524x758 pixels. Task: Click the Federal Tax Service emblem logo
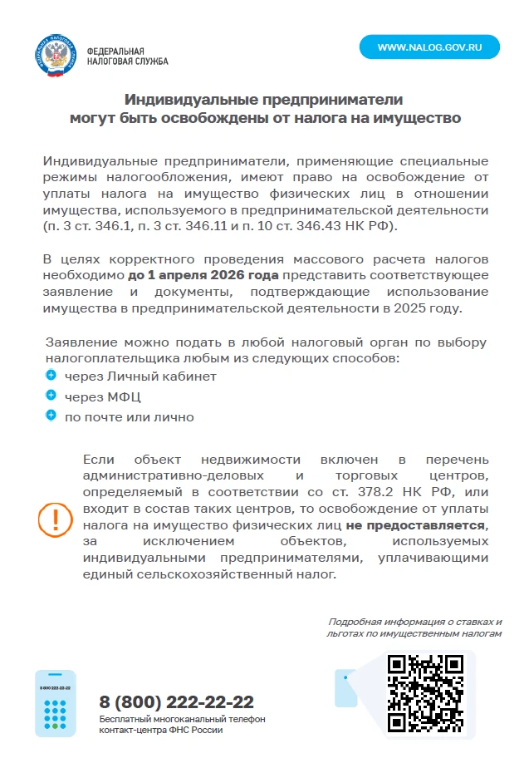(x=56, y=56)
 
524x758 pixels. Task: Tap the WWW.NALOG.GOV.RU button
(x=429, y=47)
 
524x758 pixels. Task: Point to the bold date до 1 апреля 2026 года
(x=204, y=275)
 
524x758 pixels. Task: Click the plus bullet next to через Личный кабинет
(x=51, y=376)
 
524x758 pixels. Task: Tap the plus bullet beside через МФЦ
(x=51, y=396)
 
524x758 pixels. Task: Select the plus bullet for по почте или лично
(x=51, y=416)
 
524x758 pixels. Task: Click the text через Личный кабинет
(x=140, y=377)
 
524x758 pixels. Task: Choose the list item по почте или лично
(x=129, y=416)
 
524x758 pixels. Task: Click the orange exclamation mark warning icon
(x=55, y=519)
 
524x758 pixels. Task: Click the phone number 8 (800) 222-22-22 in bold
(x=176, y=701)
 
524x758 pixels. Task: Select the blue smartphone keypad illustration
(x=56, y=703)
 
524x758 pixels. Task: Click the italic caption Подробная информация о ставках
(x=414, y=622)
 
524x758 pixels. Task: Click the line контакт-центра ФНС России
(x=161, y=730)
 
